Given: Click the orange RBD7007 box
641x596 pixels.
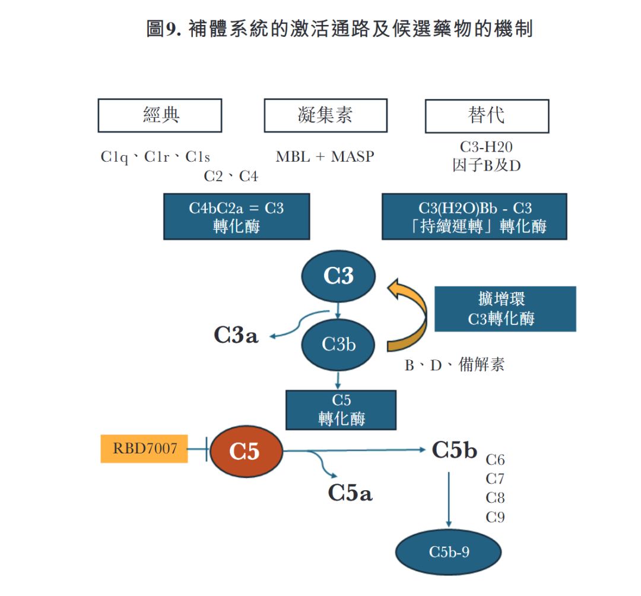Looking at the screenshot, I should click(x=145, y=449).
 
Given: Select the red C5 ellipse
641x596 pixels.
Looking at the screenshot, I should click(x=245, y=452).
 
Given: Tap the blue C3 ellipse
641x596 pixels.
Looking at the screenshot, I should click(x=338, y=276).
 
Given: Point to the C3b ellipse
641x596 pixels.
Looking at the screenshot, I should click(x=338, y=344).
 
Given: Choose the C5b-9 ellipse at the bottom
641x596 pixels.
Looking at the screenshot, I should click(x=449, y=552).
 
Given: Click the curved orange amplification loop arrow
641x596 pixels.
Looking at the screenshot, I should click(x=415, y=315).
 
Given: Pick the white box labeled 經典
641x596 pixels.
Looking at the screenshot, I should click(x=160, y=115).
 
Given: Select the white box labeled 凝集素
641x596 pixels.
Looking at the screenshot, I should click(x=325, y=115).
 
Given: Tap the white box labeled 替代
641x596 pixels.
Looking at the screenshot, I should click(x=487, y=115).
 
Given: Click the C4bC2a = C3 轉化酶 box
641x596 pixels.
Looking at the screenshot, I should click(x=236, y=217).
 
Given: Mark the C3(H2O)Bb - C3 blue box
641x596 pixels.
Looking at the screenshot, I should click(x=474, y=217).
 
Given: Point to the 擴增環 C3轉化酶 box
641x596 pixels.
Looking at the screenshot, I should click(x=504, y=309).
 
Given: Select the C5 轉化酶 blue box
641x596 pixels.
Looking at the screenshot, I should click(x=341, y=410).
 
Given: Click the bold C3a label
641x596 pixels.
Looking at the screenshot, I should click(x=236, y=336).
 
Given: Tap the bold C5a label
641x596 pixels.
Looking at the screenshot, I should click(x=350, y=493).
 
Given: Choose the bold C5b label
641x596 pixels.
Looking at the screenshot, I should click(x=454, y=450).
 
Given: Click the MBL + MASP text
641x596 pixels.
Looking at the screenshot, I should click(x=325, y=157).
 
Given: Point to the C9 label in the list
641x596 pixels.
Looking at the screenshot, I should click(x=495, y=517).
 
